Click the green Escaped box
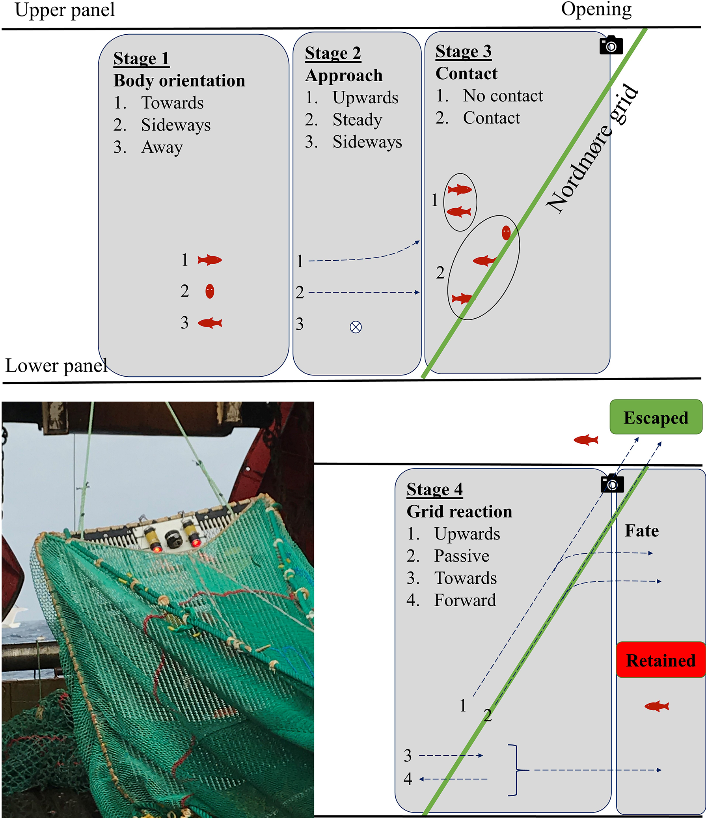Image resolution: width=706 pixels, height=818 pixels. (x=656, y=417)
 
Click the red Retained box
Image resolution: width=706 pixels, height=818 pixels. (x=661, y=661)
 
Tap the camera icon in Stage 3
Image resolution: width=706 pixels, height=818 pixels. (x=611, y=45)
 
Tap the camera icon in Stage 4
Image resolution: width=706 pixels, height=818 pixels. (x=612, y=483)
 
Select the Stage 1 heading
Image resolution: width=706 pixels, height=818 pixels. (x=141, y=58)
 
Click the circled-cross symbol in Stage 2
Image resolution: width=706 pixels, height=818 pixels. (x=356, y=327)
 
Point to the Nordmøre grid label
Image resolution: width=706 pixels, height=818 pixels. (x=592, y=149)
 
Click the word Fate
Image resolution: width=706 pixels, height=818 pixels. (x=642, y=530)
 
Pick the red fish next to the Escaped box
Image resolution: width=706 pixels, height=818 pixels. (x=586, y=440)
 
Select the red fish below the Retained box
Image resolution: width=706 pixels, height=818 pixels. (x=657, y=706)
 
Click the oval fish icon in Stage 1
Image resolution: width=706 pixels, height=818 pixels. (x=210, y=291)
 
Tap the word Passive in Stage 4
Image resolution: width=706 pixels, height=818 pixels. (x=461, y=556)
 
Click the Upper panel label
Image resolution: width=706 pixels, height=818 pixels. (x=65, y=10)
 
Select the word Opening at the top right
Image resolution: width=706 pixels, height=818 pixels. (x=596, y=9)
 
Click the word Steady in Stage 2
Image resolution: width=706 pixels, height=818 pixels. (x=357, y=120)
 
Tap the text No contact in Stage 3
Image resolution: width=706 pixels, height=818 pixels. (x=503, y=96)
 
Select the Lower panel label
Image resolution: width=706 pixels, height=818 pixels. (x=56, y=366)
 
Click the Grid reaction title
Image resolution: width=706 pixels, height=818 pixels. (x=459, y=512)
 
